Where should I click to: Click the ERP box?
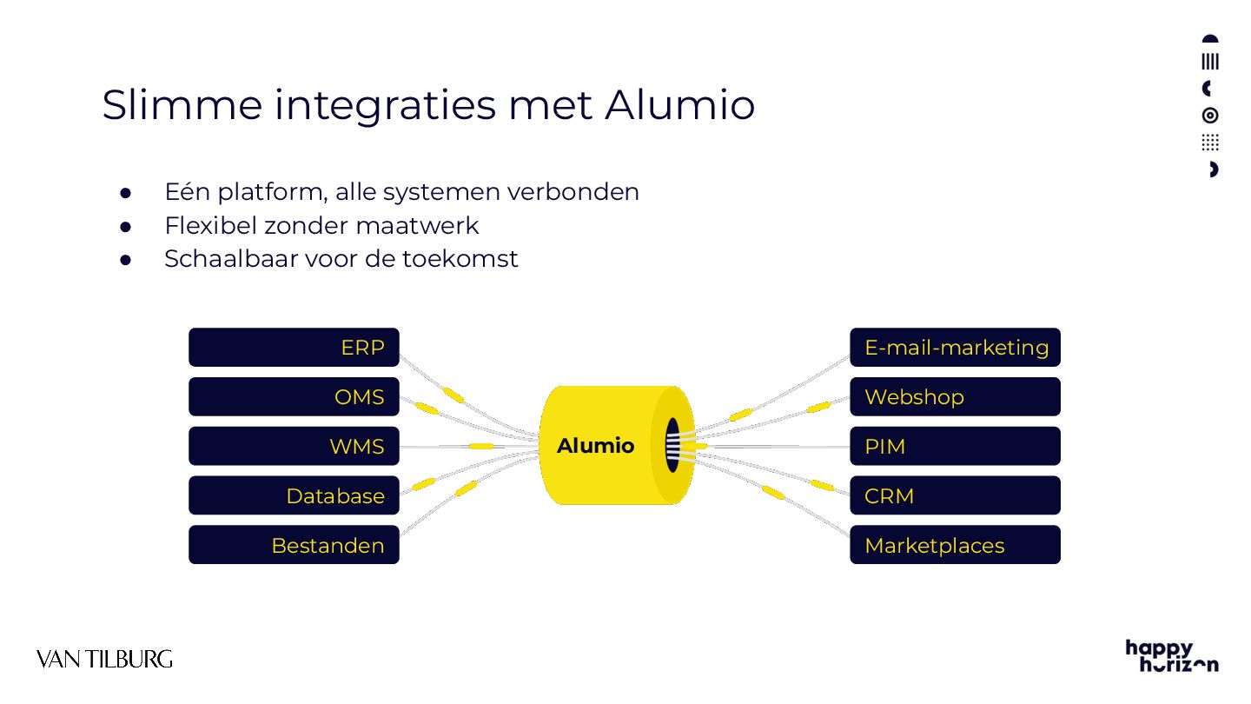[294, 348]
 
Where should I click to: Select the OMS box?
[294, 397]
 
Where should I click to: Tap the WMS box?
[294, 447]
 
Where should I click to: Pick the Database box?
[294, 496]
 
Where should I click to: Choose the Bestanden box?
[294, 546]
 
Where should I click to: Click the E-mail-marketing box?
[955, 348]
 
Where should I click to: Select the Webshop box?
[955, 397]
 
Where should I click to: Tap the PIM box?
[955, 447]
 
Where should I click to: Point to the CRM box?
[955, 496]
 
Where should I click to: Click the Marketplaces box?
[955, 546]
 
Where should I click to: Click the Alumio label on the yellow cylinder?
[595, 446]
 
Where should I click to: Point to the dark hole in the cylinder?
[672, 445]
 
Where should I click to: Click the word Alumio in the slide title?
[679, 105]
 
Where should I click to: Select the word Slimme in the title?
[182, 105]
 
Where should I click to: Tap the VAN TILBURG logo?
[104, 659]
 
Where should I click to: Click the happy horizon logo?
[1171, 655]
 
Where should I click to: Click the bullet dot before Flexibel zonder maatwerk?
[125, 226]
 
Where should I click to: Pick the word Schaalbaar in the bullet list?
[230, 259]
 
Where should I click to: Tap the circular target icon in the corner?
[1210, 116]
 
